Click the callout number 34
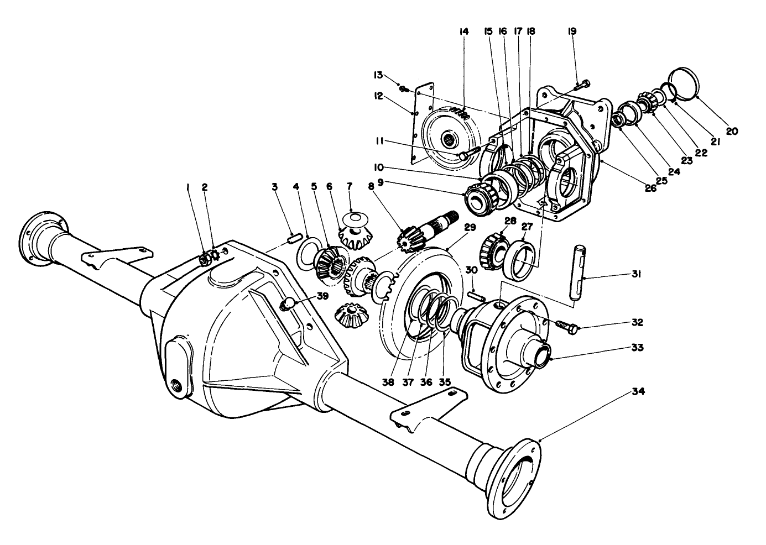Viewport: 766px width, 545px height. [x=638, y=392]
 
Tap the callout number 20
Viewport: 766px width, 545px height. [x=732, y=132]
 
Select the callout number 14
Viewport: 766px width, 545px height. [x=463, y=32]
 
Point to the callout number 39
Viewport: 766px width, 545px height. [x=322, y=296]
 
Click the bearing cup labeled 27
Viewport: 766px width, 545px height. [x=523, y=258]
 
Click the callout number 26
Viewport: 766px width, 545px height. [x=650, y=187]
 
